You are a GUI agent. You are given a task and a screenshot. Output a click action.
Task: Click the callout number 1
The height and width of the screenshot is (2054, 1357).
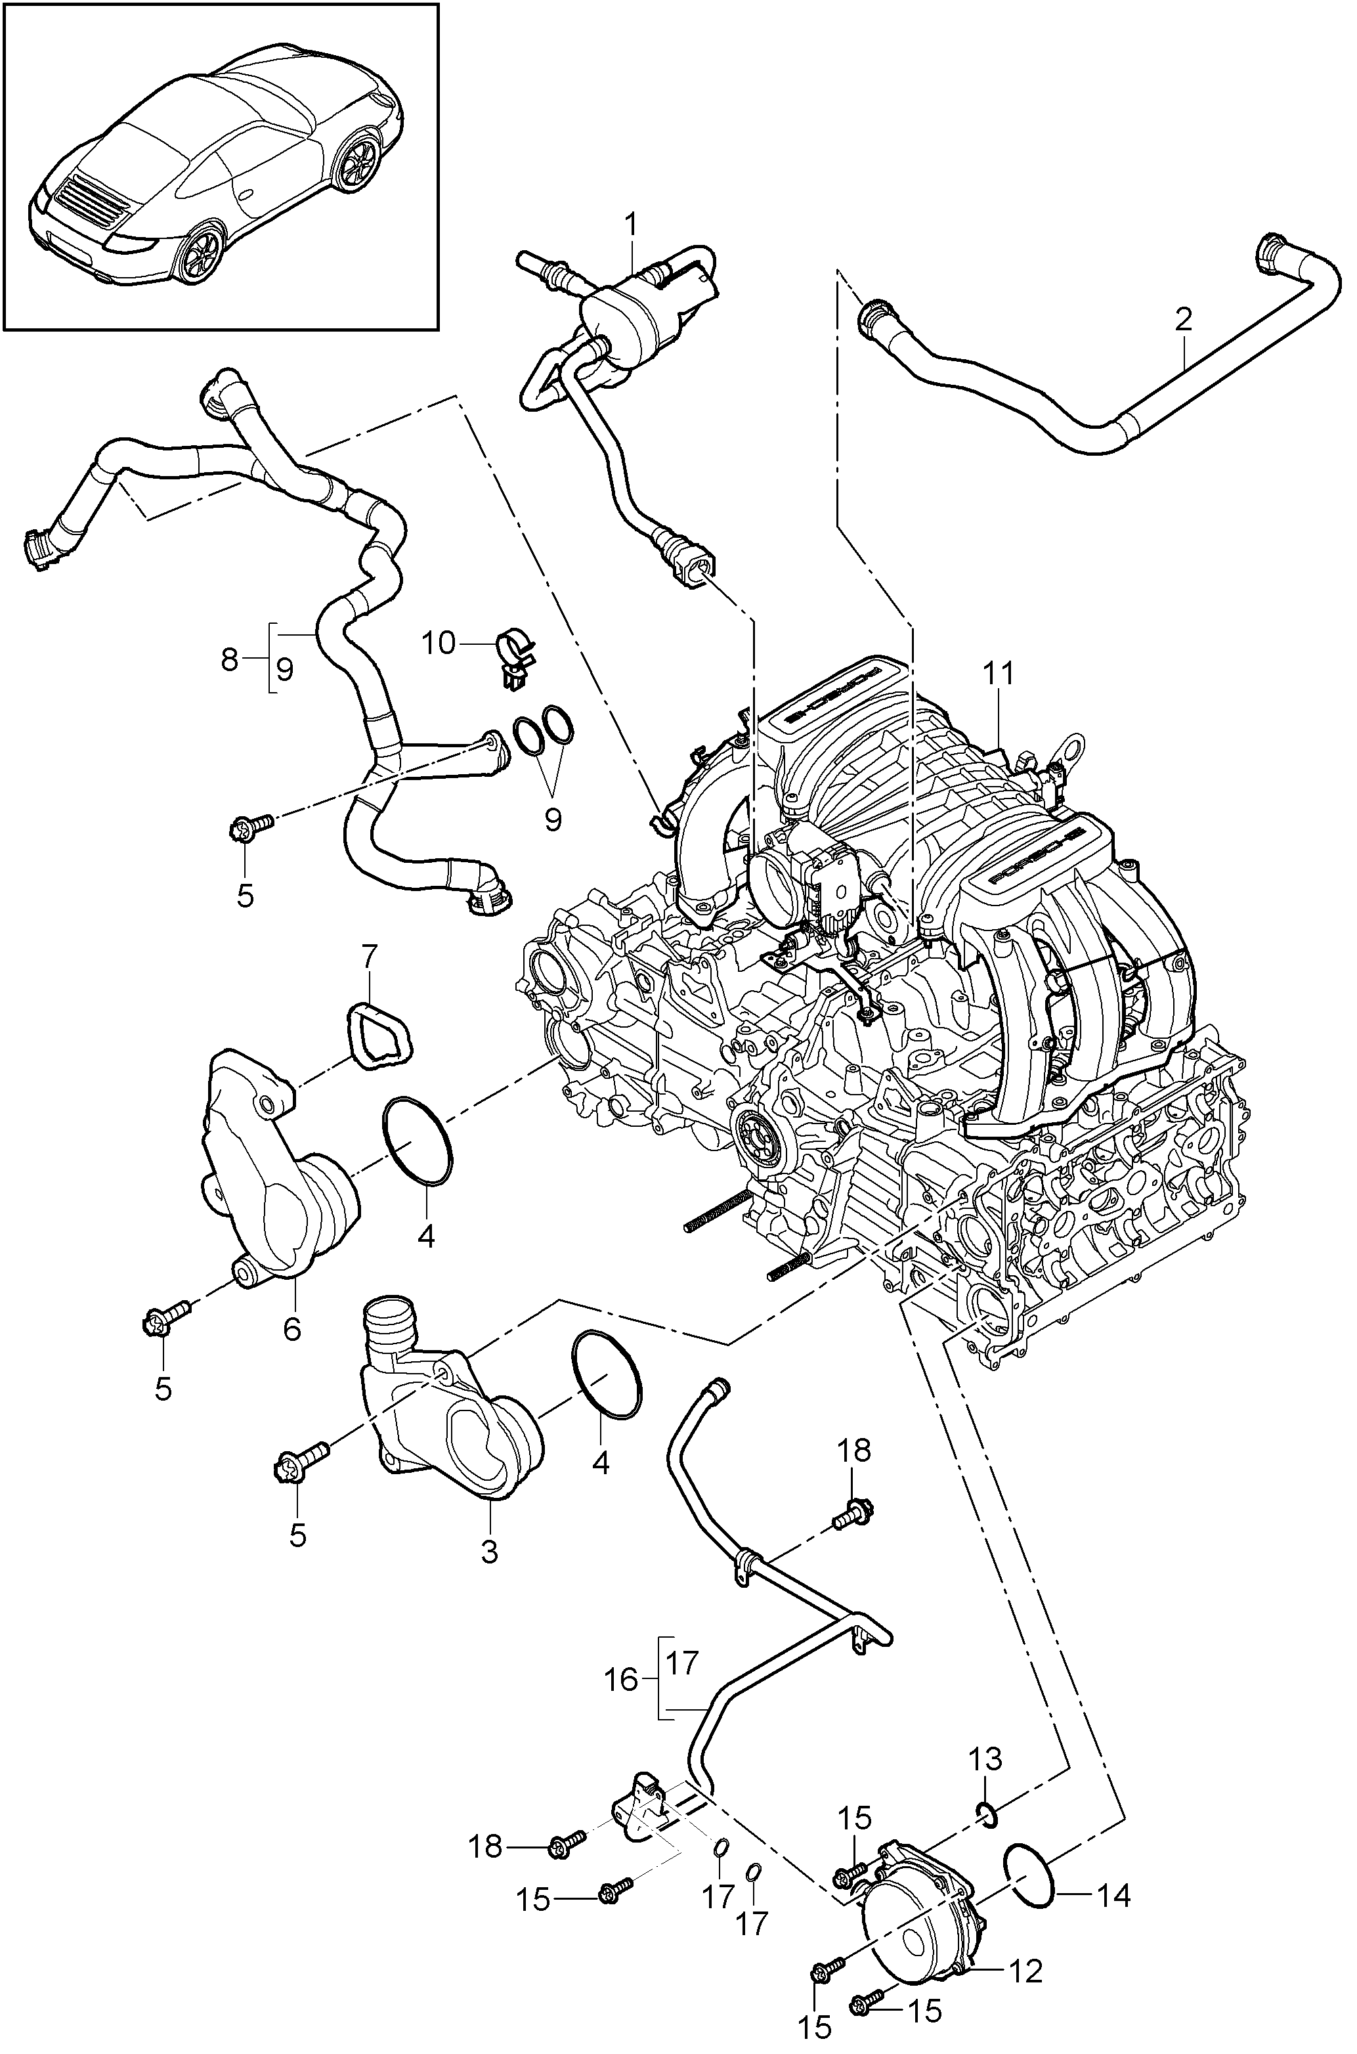[x=632, y=226]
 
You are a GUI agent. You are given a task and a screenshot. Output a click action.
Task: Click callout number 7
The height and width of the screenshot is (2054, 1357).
[x=370, y=957]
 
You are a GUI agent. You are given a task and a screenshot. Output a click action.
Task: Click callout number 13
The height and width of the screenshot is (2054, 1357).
[x=985, y=1758]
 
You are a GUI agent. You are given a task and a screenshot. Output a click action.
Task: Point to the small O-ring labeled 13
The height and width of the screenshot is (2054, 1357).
[x=987, y=1811]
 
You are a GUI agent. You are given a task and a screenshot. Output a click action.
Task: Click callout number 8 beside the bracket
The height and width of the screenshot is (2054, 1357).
[x=229, y=661]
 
